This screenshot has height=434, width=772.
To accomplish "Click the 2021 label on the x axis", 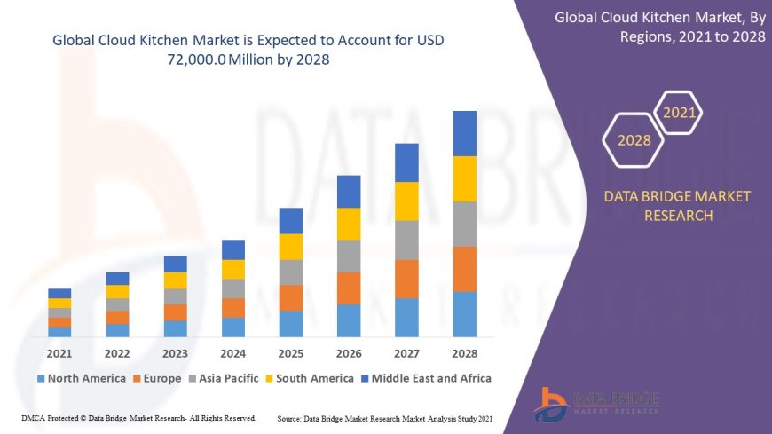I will click(59, 353).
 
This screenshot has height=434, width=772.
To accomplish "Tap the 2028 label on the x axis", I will click(464, 353).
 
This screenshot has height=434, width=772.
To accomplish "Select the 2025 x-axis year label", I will click(291, 353).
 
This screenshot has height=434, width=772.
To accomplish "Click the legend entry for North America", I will click(81, 378).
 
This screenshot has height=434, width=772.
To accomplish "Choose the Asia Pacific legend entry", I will click(224, 378).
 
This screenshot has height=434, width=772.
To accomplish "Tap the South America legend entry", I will click(308, 378).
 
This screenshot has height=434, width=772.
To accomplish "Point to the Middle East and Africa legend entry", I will click(426, 378).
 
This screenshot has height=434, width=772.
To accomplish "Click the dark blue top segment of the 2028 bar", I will click(464, 133).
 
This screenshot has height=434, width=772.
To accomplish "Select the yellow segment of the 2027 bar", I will click(406, 201).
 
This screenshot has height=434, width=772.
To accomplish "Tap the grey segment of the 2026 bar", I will click(349, 256).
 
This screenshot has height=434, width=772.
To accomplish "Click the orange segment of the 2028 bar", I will click(464, 269).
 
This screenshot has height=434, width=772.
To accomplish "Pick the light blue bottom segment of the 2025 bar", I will click(291, 323).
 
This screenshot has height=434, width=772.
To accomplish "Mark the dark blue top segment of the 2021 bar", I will click(59, 293).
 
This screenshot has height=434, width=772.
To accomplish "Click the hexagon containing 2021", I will click(680, 114).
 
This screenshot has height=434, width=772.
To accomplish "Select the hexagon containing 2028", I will click(634, 140).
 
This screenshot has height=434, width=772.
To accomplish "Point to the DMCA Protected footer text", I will click(138, 417).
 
